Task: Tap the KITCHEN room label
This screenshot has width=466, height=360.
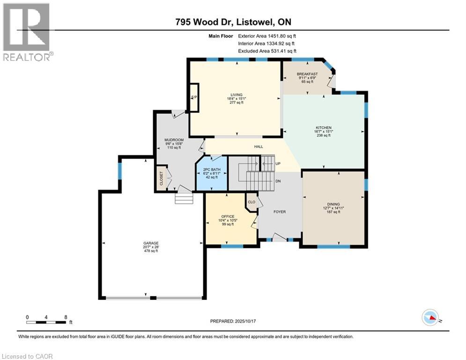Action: [x=323, y=127]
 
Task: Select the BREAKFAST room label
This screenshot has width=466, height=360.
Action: [x=307, y=74]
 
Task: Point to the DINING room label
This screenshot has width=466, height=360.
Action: [x=333, y=204]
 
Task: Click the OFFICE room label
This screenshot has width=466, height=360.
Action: [x=228, y=216]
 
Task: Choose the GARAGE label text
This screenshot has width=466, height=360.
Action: [x=151, y=243]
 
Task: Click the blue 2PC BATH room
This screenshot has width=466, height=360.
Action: [x=212, y=173]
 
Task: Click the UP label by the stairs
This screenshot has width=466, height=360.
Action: [x=278, y=164]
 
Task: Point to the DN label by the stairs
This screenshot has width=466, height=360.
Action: [x=278, y=180]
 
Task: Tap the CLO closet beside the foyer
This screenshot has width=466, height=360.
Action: [x=251, y=202]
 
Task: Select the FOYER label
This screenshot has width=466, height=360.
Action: [x=280, y=211]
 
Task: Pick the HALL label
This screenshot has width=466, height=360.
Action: [x=258, y=147]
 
